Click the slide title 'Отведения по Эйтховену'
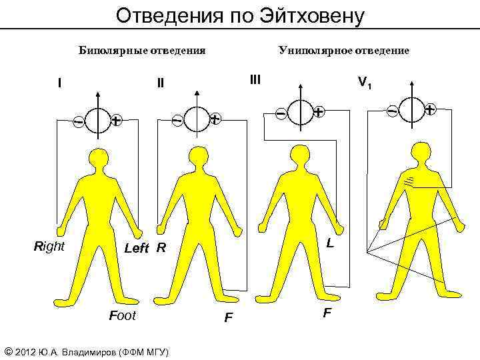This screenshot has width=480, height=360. (x=240, y=15)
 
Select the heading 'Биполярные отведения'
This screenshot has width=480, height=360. (x=142, y=51)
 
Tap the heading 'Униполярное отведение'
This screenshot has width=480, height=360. (x=344, y=51)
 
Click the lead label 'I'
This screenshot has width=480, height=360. (x=60, y=84)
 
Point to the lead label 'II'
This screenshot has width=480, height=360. (x=160, y=84)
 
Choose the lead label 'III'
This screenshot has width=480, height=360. (x=255, y=80)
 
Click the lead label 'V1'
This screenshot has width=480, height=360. (x=365, y=83)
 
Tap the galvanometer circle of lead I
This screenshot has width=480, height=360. (x=97, y=121)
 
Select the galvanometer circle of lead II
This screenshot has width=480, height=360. (x=196, y=120)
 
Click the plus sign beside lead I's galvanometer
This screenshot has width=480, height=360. (x=117, y=121)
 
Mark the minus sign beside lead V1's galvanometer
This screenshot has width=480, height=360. (x=393, y=109)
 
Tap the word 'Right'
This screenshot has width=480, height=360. (x=49, y=246)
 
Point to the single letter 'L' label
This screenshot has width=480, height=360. (x=330, y=245)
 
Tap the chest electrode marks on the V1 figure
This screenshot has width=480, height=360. (x=408, y=181)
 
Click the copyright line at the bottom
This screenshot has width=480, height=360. (x=87, y=351)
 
